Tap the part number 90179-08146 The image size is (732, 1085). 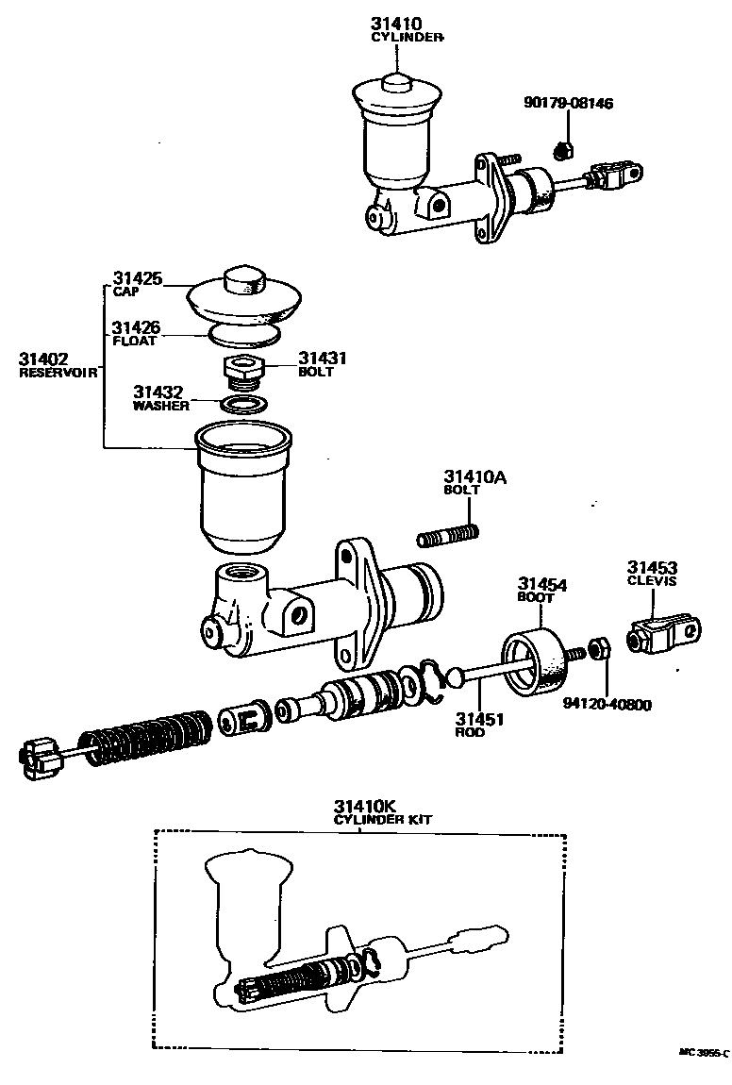pyautogui.click(x=568, y=103)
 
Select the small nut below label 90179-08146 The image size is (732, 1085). pyautogui.click(x=564, y=148)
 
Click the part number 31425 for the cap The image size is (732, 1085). pyautogui.click(x=137, y=279)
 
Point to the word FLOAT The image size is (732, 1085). pyautogui.click(x=135, y=342)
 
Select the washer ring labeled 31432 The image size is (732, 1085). pyautogui.click(x=241, y=405)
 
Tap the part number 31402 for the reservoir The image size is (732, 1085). pyautogui.click(x=45, y=359)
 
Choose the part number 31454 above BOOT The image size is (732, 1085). pyautogui.click(x=541, y=585)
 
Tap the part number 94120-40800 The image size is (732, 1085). pyautogui.click(x=607, y=704)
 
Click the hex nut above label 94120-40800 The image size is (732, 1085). pyautogui.click(x=598, y=649)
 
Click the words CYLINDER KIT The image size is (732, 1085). pyautogui.click(x=383, y=820)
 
